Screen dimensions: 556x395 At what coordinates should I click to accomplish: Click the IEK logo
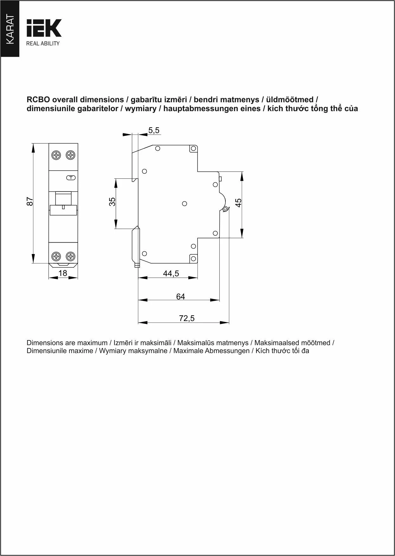[44, 28]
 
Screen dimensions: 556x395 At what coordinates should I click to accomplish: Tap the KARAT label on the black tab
[10, 29]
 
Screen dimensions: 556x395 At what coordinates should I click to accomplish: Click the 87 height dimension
[29, 202]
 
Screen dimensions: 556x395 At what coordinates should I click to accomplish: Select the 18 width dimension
[63, 273]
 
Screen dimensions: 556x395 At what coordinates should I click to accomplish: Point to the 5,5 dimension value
[154, 130]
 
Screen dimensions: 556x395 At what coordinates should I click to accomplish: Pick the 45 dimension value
[238, 203]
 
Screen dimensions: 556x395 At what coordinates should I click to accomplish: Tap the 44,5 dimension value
[171, 273]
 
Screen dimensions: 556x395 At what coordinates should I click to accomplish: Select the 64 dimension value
[180, 297]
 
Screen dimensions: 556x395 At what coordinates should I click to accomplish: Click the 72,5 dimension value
[187, 318]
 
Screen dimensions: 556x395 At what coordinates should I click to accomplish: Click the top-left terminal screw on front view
[56, 155]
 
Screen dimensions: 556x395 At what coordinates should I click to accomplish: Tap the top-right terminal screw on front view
[70, 155]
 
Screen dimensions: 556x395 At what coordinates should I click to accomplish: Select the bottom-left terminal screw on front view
[56, 256]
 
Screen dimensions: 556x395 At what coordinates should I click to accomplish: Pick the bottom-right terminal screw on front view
[70, 256]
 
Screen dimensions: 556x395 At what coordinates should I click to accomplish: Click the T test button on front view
[71, 178]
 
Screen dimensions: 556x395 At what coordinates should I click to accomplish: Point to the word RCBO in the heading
[38, 100]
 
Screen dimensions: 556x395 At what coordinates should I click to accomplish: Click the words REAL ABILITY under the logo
[43, 44]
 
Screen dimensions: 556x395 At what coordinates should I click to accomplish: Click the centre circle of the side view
[185, 204]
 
